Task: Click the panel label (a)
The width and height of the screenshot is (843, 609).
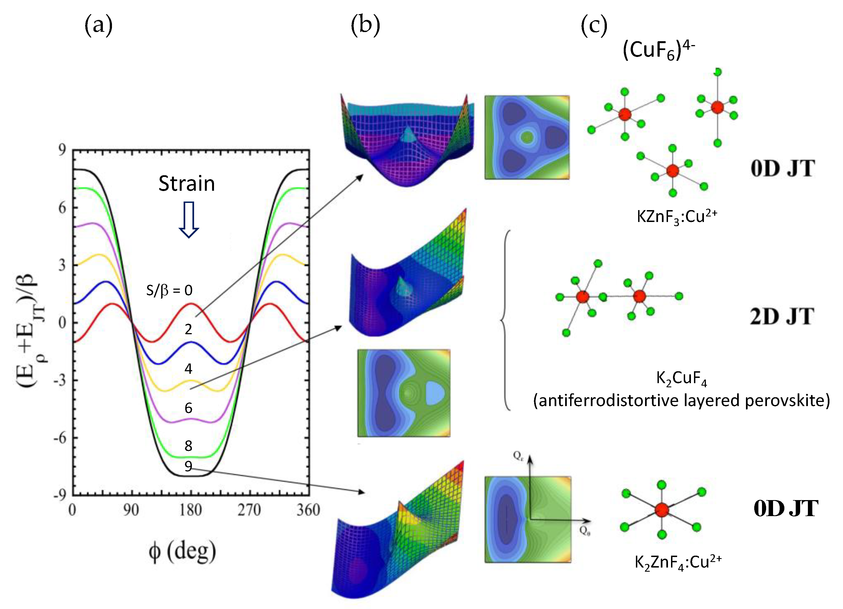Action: click(98, 26)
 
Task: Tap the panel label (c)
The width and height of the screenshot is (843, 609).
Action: click(594, 26)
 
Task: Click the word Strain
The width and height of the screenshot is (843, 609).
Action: click(187, 184)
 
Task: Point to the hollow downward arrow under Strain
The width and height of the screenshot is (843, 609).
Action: click(189, 219)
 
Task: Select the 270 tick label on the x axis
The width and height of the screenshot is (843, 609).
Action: click(249, 510)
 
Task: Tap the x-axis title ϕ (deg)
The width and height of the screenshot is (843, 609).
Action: click(182, 552)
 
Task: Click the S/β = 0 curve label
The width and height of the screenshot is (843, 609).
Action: click(169, 290)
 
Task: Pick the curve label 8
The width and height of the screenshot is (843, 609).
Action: click(189, 446)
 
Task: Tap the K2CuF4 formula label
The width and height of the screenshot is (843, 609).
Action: click(681, 379)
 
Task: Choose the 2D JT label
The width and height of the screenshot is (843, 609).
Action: click(782, 317)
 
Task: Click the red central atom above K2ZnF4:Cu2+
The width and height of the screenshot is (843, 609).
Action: click(662, 510)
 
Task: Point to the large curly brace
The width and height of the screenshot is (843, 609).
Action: click(505, 320)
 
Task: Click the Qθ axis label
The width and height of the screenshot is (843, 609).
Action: click(585, 531)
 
